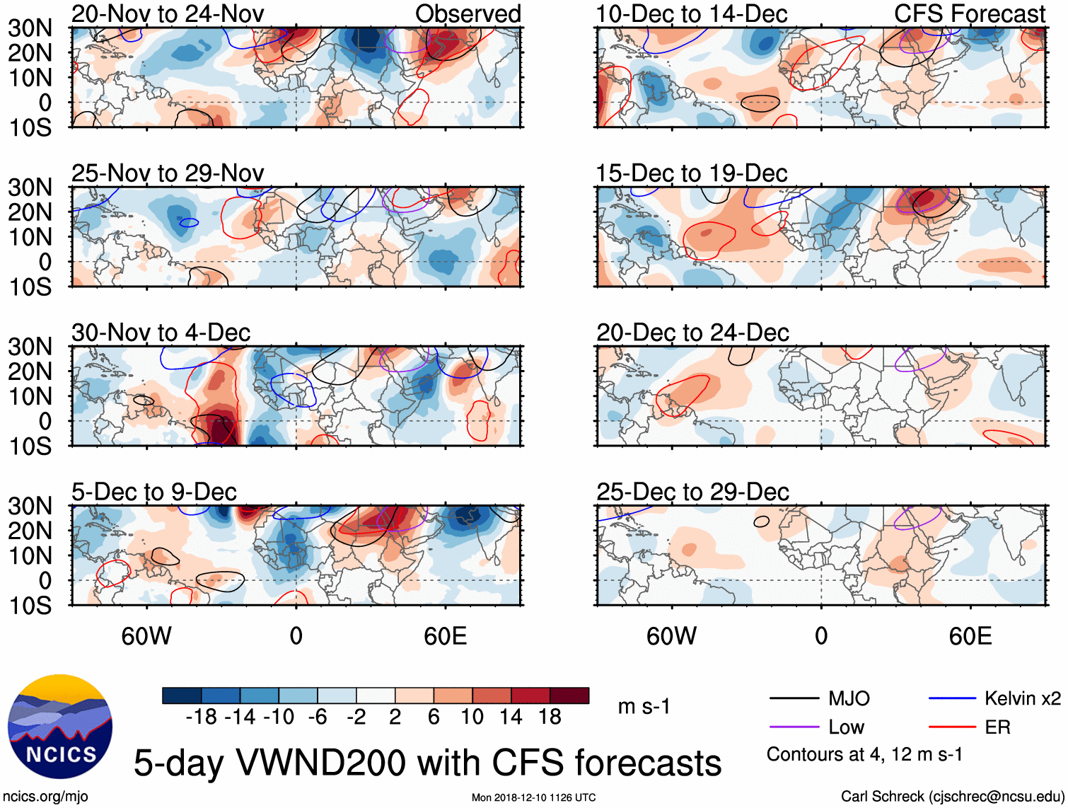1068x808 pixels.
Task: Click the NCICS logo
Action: click(x=59, y=727)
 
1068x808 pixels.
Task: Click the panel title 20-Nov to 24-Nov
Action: click(x=168, y=13)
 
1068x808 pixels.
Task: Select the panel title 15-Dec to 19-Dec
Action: click(x=691, y=173)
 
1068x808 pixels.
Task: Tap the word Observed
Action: click(x=468, y=13)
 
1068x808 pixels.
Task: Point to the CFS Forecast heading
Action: click(x=969, y=13)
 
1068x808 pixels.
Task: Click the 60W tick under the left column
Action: click(x=146, y=636)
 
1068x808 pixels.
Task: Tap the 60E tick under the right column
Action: click(x=970, y=636)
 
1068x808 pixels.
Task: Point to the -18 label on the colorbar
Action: click(x=201, y=717)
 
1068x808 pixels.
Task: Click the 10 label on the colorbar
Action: click(x=472, y=717)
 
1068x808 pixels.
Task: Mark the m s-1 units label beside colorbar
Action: click(x=644, y=707)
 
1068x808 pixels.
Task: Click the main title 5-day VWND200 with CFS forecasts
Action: click(x=427, y=763)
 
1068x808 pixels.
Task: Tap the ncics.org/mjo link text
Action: click(x=45, y=797)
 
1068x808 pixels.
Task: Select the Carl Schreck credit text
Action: click(x=952, y=797)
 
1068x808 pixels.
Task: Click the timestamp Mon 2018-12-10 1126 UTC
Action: click(x=533, y=797)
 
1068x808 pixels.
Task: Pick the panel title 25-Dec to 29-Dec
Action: click(x=692, y=492)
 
